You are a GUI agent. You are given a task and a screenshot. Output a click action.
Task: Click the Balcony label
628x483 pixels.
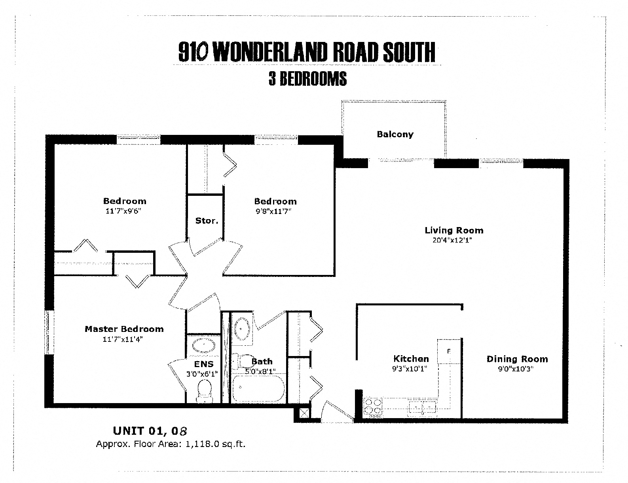pyautogui.click(x=395, y=134)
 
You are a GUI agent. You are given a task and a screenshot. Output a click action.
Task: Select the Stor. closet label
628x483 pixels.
pyautogui.click(x=207, y=221)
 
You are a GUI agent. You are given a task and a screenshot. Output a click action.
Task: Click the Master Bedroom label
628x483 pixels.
pyautogui.click(x=124, y=329)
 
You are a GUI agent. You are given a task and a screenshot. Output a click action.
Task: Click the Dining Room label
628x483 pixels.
pyautogui.click(x=517, y=359)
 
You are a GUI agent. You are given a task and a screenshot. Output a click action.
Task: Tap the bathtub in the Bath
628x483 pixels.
pyautogui.click(x=258, y=388)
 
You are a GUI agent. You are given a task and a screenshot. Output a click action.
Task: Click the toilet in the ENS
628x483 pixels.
pyautogui.click(x=204, y=390)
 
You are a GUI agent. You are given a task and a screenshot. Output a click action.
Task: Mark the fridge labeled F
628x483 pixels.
pyautogui.click(x=449, y=351)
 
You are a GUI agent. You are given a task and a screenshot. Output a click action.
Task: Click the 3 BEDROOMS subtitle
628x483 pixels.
pyautogui.click(x=307, y=79)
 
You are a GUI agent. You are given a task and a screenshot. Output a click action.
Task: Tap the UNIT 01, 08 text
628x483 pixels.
pyautogui.click(x=150, y=430)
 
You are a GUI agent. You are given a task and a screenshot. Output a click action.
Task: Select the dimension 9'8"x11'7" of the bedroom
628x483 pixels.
pyautogui.click(x=273, y=211)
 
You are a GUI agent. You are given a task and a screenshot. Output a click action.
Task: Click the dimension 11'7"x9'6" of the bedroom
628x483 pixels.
pyautogui.click(x=123, y=211)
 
